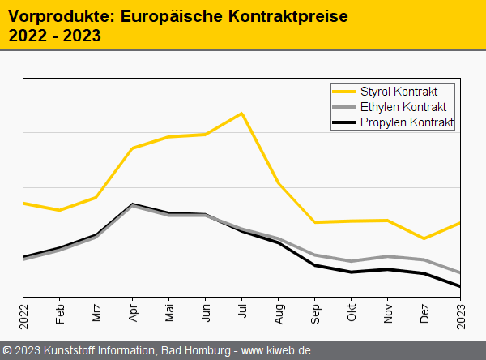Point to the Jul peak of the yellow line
(241, 113)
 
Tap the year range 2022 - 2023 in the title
(54, 35)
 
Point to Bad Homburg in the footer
(194, 350)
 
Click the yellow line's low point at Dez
(424, 238)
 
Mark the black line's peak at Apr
(133, 204)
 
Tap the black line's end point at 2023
(459, 286)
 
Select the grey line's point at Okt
(352, 261)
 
